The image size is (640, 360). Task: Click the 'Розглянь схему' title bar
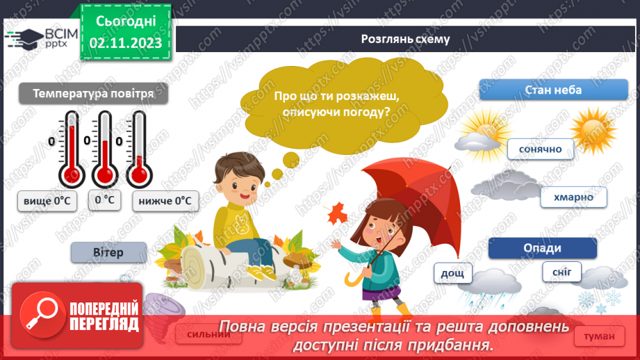pos(405,39)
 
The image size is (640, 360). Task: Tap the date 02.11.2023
pos(126,43)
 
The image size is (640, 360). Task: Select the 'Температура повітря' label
pos(92,93)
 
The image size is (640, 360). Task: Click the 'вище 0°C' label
pos(47,201)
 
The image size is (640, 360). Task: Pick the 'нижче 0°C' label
pos(165,201)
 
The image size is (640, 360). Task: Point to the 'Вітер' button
pos(108,252)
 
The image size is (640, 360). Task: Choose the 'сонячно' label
pos(540,149)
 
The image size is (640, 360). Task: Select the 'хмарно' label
pos(573,197)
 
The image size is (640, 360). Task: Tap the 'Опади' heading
pos(543,248)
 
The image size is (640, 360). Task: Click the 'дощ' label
pos(452,273)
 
